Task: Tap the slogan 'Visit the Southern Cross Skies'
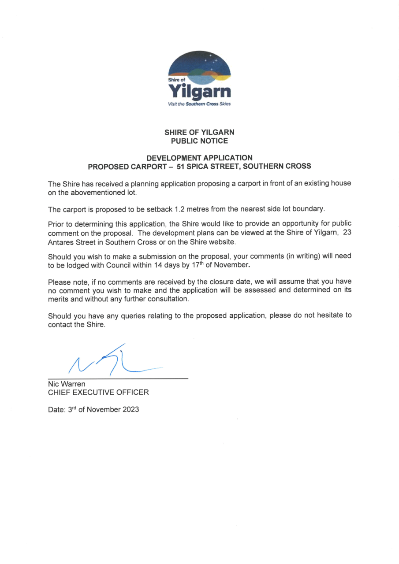pos(199,104)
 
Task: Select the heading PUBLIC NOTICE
pos(199,141)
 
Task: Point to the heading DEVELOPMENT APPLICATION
pos(199,158)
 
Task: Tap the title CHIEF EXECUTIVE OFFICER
pos(98,392)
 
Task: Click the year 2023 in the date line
pos(130,409)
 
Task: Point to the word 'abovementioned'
pos(96,192)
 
